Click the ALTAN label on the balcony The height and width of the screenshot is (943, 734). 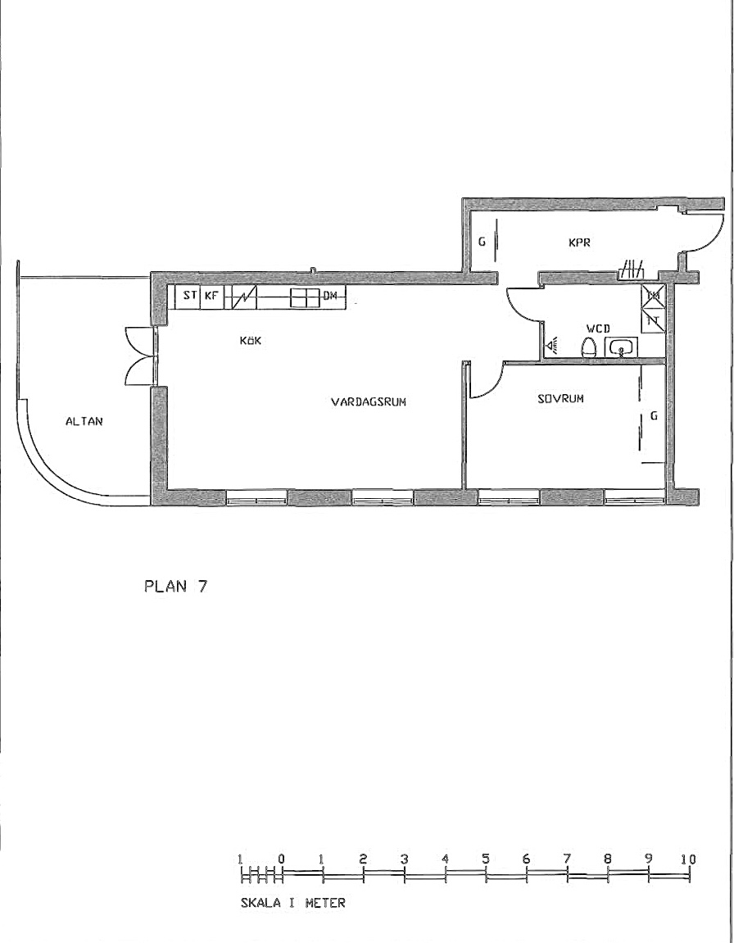point(84,422)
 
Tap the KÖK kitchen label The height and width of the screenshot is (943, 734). point(251,340)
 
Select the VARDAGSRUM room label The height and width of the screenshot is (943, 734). point(369,401)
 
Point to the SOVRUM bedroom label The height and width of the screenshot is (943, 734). point(561,398)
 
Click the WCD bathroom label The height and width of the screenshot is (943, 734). point(598,329)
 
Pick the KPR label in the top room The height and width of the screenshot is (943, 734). point(579,243)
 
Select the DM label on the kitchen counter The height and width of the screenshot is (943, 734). point(330,296)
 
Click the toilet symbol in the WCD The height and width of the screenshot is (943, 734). point(589,348)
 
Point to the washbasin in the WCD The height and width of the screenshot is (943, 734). point(621,347)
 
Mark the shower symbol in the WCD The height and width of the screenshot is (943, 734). point(552,345)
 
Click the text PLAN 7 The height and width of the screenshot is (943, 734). point(175,587)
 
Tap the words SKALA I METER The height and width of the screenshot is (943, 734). point(292,903)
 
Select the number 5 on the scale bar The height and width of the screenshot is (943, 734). point(485,859)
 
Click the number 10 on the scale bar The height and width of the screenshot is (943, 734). point(688,859)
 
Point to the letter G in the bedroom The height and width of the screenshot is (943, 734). point(654,416)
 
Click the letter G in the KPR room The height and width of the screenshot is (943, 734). point(482,243)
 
